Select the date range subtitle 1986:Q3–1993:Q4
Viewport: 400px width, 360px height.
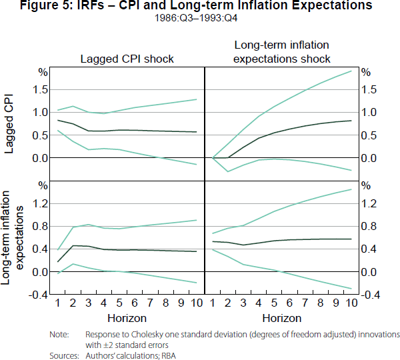coord(200,18)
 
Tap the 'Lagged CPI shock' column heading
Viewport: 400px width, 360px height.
coord(127,59)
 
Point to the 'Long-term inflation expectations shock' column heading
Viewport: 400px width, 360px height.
coord(282,51)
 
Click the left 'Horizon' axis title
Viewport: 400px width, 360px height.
coord(127,318)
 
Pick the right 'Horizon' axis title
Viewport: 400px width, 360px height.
coord(282,318)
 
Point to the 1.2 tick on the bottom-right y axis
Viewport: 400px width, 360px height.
coord(368,203)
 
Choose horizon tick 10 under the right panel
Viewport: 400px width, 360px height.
coord(350,304)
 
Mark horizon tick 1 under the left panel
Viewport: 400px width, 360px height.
coord(58,304)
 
